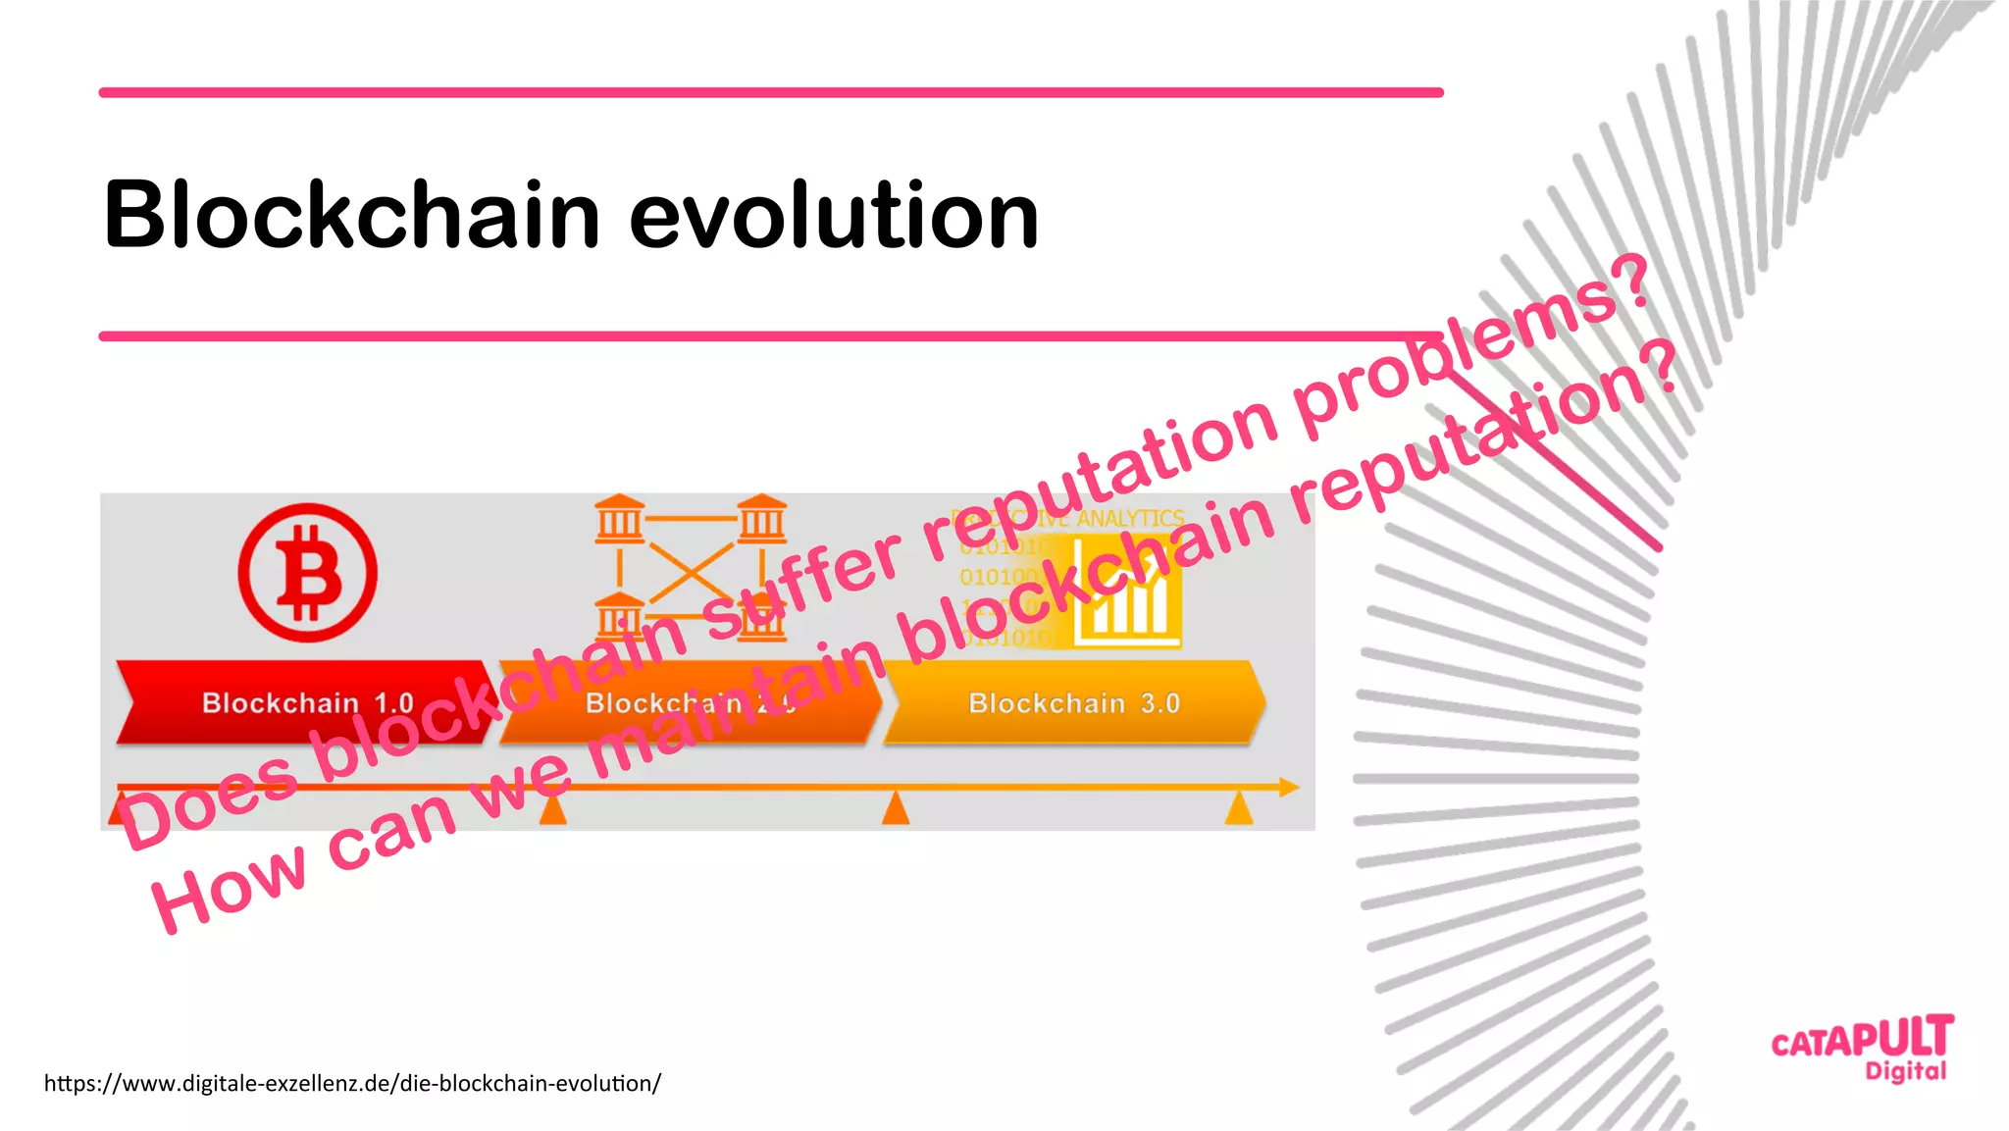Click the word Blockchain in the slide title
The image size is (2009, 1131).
(x=351, y=215)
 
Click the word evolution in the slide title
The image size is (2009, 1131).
(x=833, y=215)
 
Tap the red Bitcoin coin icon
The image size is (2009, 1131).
(x=307, y=573)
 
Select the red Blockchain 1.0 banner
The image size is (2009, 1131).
(x=294, y=702)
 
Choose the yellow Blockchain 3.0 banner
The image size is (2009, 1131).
(x=1073, y=702)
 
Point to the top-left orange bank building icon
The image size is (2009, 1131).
(x=619, y=519)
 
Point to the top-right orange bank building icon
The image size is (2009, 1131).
(x=762, y=519)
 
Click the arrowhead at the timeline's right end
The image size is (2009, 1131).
(x=1289, y=787)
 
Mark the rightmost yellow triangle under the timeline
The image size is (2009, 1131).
(x=1239, y=810)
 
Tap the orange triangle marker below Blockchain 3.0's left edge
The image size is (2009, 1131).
(x=895, y=810)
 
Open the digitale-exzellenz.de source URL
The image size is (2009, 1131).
(x=352, y=1083)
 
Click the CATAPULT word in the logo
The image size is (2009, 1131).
(x=1861, y=1039)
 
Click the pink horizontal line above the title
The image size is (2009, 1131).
(x=771, y=92)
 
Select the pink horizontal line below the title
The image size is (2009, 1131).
(x=771, y=336)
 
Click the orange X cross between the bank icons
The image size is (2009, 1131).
(x=691, y=570)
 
